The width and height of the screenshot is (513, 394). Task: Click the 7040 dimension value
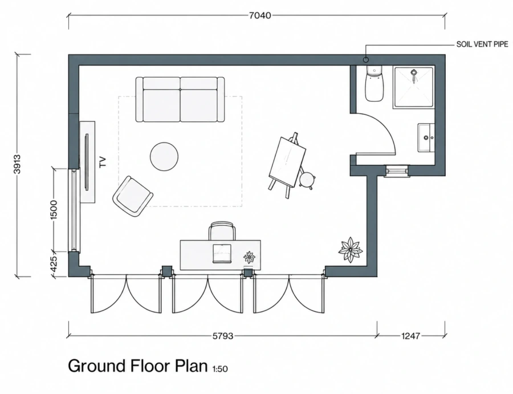click(x=260, y=15)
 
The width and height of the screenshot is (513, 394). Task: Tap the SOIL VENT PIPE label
click(x=482, y=44)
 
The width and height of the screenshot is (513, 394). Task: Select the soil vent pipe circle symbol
click(x=366, y=60)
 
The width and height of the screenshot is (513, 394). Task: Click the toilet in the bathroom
click(x=374, y=83)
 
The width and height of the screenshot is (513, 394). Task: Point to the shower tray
click(x=414, y=87)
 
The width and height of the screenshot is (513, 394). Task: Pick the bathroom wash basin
click(x=426, y=138)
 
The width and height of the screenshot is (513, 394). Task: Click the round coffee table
click(x=164, y=156)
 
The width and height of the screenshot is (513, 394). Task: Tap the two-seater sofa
click(x=180, y=99)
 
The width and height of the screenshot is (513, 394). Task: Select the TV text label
click(x=103, y=162)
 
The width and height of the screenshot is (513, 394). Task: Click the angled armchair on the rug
click(x=133, y=196)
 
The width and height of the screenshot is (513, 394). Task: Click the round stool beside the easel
click(x=307, y=180)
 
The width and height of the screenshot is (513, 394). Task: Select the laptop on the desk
click(x=222, y=254)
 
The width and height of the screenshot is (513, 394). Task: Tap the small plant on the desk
click(x=250, y=257)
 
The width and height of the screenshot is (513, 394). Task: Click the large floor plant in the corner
click(x=351, y=250)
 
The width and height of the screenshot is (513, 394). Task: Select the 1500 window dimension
click(x=54, y=210)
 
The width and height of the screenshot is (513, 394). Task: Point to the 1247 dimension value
click(x=410, y=336)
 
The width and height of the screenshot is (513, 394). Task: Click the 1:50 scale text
click(x=220, y=369)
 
